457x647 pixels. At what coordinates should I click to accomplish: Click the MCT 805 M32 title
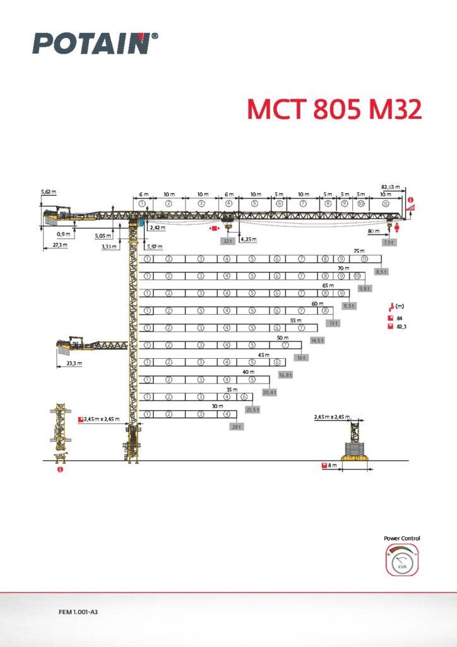(x=333, y=109)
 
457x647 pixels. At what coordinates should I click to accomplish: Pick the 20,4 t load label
(x=270, y=392)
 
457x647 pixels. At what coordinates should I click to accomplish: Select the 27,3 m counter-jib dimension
(x=60, y=245)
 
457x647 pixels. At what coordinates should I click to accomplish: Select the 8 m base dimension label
(x=331, y=466)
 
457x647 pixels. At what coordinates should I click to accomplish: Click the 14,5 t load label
(x=317, y=341)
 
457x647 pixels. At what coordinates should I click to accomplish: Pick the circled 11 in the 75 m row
(x=364, y=259)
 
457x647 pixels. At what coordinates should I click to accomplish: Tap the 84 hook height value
(x=400, y=318)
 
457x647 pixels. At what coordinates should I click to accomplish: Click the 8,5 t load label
(x=381, y=272)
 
